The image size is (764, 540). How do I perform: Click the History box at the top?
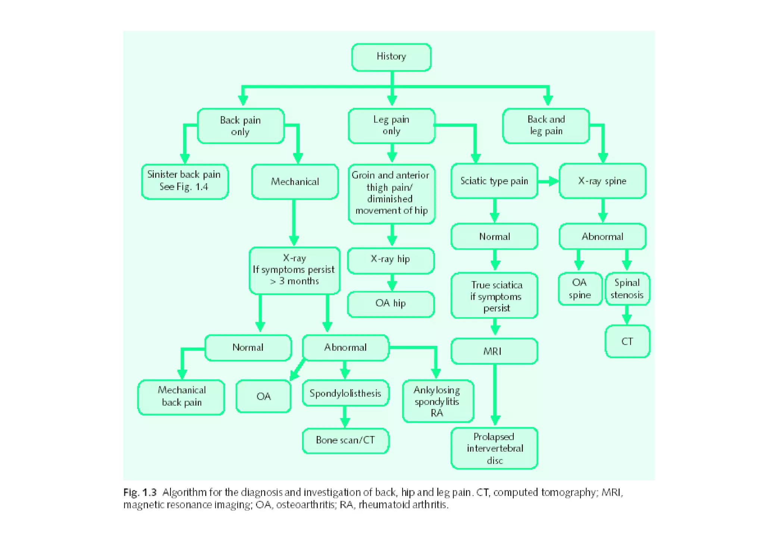pyautogui.click(x=391, y=57)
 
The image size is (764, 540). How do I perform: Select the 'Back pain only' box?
pyautogui.click(x=241, y=126)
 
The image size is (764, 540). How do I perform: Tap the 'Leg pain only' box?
pyautogui.click(x=391, y=125)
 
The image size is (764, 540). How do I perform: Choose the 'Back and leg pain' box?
pyautogui.click(x=546, y=125)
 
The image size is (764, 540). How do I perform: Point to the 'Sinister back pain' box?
pyautogui.click(x=185, y=181)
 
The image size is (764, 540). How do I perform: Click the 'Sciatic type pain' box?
pyautogui.click(x=494, y=181)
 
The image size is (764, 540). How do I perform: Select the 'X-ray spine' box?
pyautogui.click(x=602, y=181)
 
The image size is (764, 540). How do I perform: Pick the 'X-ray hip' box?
pyautogui.click(x=391, y=260)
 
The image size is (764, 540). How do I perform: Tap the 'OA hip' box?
pyautogui.click(x=391, y=304)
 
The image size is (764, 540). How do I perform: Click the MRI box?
pyautogui.click(x=494, y=351)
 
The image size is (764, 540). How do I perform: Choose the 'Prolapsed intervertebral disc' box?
pyautogui.click(x=494, y=448)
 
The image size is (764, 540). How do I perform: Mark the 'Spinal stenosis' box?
pyautogui.click(x=627, y=289)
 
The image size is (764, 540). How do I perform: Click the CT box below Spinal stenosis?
pyautogui.click(x=627, y=341)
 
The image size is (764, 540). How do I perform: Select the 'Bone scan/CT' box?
pyautogui.click(x=345, y=440)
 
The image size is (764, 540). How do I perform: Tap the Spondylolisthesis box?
pyautogui.click(x=345, y=393)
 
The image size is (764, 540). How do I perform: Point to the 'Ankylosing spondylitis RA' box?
pyautogui.click(x=438, y=401)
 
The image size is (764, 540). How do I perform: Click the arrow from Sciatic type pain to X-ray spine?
pyautogui.click(x=548, y=182)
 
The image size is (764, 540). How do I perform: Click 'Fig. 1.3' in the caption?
pyautogui.click(x=140, y=493)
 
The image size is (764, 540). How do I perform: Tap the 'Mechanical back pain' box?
pyautogui.click(x=181, y=397)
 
